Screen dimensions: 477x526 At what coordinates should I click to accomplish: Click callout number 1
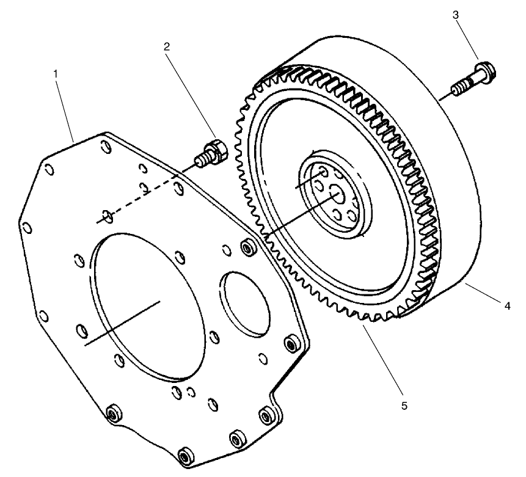(56, 73)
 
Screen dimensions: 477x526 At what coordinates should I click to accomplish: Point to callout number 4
(506, 307)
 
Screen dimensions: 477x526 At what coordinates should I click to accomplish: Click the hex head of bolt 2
(217, 149)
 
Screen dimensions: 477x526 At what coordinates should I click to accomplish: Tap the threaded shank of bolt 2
(200, 161)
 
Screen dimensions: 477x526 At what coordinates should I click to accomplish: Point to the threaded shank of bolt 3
(464, 87)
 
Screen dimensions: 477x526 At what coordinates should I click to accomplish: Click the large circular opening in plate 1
(147, 305)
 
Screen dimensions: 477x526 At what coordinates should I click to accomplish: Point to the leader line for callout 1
(64, 107)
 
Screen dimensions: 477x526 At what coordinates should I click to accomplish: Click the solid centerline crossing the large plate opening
(122, 324)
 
